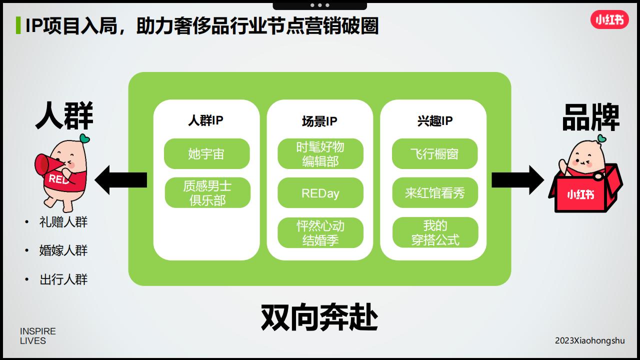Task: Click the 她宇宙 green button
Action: (x=206, y=153)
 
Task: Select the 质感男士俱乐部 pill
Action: (x=207, y=193)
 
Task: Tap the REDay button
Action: (x=320, y=193)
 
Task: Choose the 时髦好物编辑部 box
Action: (x=320, y=153)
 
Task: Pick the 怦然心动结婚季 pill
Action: (x=320, y=232)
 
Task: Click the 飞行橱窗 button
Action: (x=434, y=153)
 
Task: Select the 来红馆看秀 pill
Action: (x=435, y=193)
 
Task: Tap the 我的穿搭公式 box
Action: (x=435, y=232)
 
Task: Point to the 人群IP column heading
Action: (x=205, y=120)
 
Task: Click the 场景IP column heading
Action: (x=319, y=121)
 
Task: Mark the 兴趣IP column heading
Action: (x=435, y=121)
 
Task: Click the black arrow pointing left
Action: (x=121, y=180)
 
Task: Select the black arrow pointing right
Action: (x=517, y=180)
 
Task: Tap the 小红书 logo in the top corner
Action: (x=609, y=19)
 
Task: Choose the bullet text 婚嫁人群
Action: (x=63, y=250)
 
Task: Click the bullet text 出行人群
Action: (x=63, y=279)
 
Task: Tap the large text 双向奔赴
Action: (x=319, y=317)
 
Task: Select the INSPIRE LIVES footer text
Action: (x=37, y=336)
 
